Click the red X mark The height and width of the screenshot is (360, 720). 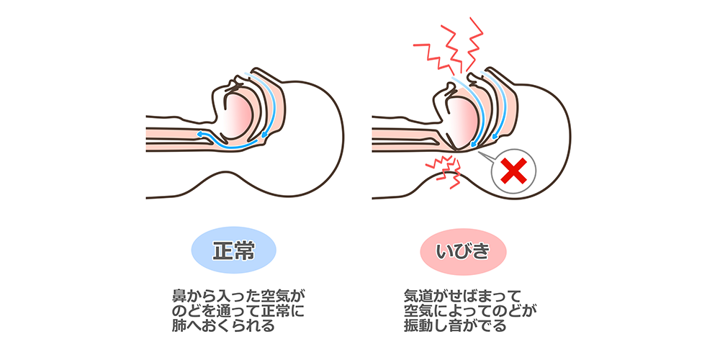(x=513, y=171)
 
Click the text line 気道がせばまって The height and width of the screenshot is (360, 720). (x=462, y=296)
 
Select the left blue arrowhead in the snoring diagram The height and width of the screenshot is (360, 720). (x=472, y=144)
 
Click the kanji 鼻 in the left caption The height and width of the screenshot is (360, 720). (x=177, y=296)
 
